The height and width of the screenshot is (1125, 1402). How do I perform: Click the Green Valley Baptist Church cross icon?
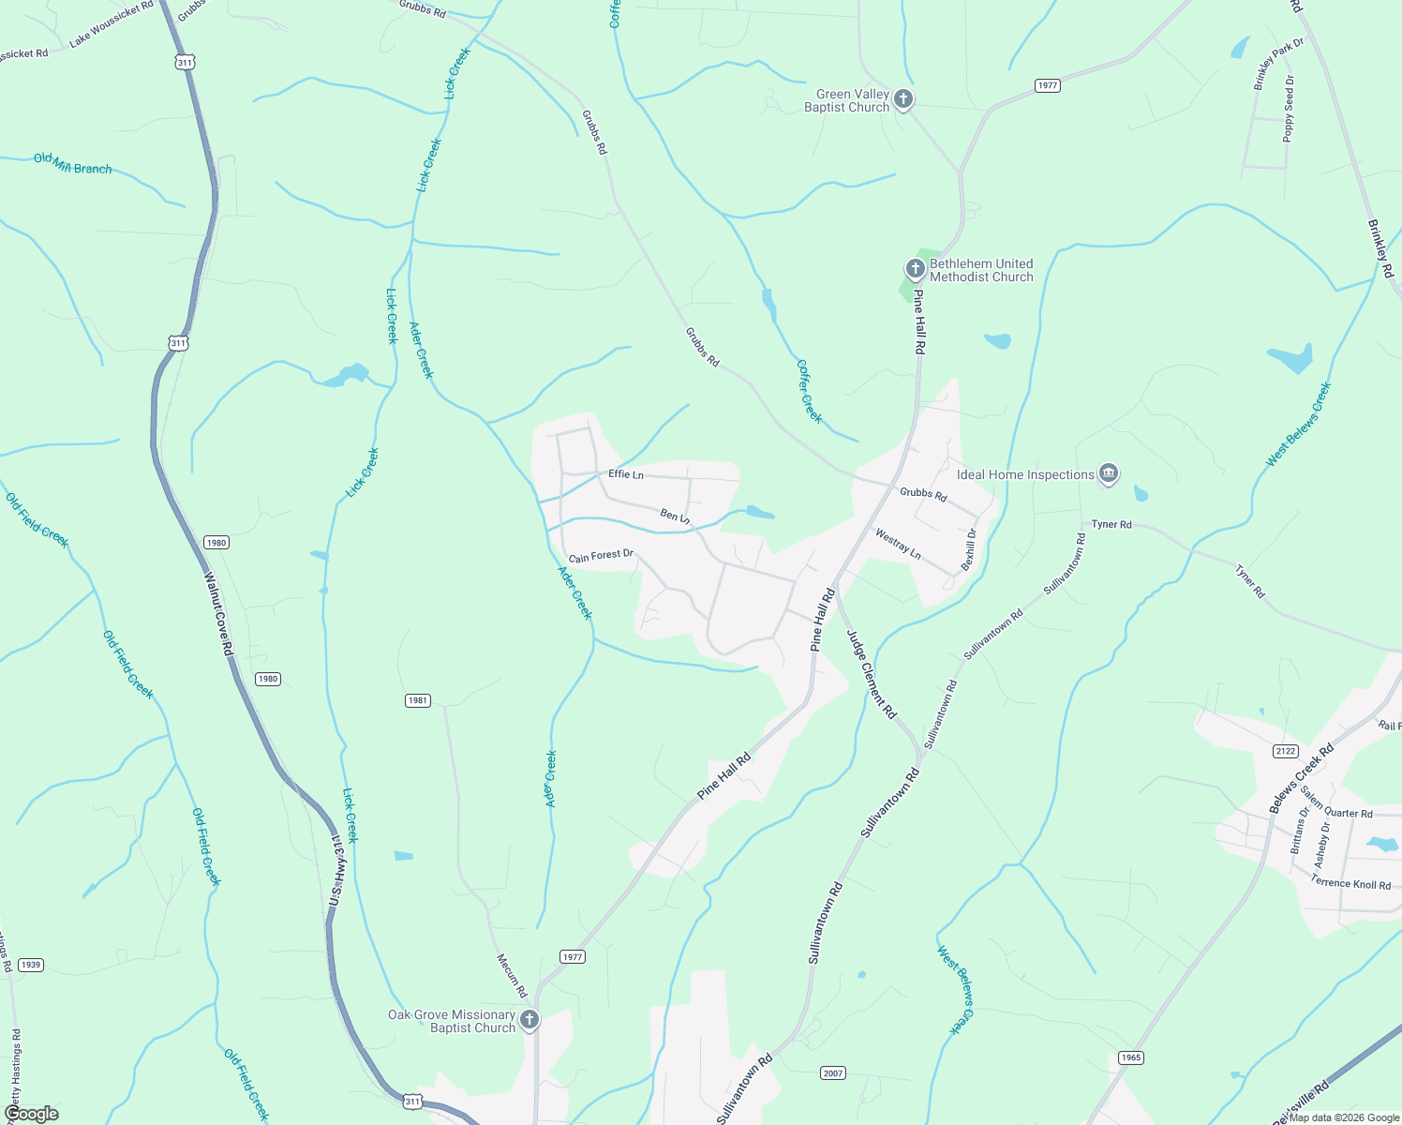tap(902, 99)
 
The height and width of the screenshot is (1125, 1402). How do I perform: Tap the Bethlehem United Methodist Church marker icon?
tap(916, 270)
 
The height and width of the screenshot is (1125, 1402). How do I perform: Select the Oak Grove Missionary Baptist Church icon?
tap(529, 1020)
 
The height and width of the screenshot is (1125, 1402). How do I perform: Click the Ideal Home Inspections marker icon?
tap(1108, 474)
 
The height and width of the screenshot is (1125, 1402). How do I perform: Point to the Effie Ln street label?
tap(626, 474)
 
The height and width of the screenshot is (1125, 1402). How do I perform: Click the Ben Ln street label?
tap(675, 517)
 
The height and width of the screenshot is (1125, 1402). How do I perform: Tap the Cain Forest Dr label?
tap(601, 556)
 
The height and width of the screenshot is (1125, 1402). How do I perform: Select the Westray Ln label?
tap(898, 545)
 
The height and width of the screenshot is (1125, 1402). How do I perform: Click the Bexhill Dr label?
tap(969, 549)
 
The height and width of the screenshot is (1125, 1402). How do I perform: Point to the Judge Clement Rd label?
tap(872, 673)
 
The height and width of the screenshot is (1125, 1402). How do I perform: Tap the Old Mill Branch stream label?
tap(73, 164)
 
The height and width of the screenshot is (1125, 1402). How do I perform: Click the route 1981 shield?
tap(418, 700)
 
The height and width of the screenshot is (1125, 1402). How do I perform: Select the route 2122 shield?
tap(1286, 751)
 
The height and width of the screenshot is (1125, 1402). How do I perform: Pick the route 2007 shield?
tap(833, 1072)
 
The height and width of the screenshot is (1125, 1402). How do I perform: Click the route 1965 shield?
tap(1131, 1057)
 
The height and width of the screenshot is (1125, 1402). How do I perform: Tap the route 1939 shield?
tap(31, 965)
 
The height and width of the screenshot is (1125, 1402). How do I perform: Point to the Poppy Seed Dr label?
tap(1290, 109)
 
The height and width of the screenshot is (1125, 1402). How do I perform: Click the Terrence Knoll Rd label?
tap(1350, 883)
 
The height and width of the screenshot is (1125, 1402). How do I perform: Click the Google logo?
tap(32, 1114)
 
